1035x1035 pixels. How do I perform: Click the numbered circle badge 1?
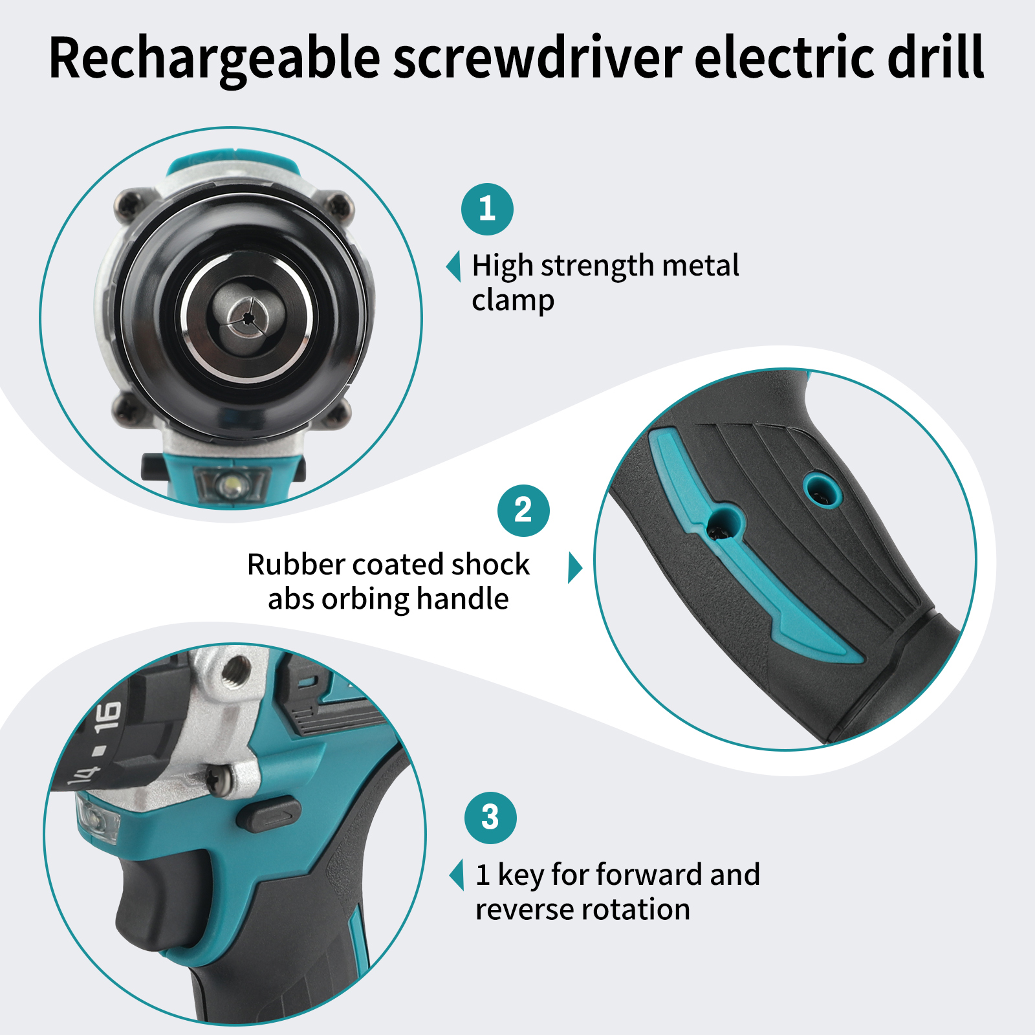[487, 209]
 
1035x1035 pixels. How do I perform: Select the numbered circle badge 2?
[523, 510]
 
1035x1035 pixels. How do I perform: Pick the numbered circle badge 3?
[490, 818]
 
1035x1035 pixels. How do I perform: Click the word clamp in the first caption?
[513, 301]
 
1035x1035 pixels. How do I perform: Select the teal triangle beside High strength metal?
[454, 266]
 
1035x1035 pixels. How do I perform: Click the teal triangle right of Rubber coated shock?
[574, 567]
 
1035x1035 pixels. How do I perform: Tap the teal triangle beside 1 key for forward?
[457, 875]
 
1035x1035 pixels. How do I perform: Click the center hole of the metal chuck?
[247, 317]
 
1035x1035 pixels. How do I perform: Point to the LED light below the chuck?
[230, 483]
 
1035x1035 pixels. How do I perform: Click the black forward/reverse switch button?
[268, 815]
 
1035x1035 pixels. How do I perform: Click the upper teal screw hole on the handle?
[822, 488]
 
